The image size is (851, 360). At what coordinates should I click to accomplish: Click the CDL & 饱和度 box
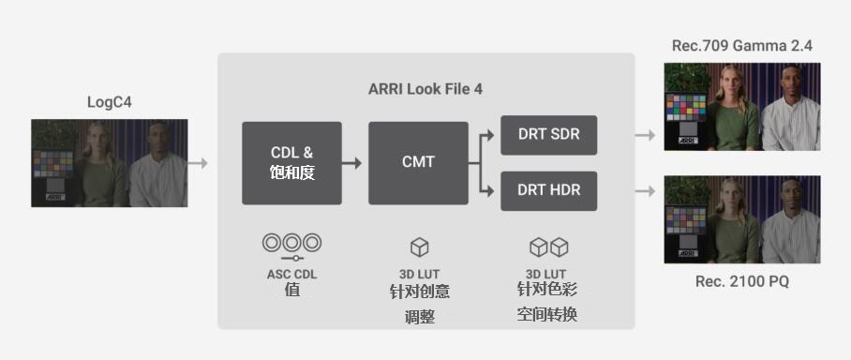point(292,163)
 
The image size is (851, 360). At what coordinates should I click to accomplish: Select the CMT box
point(418,163)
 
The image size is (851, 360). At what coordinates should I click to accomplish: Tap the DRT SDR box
point(548,135)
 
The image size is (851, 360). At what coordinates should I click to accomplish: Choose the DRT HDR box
point(548,190)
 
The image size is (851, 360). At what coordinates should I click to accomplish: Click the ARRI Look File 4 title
point(425,89)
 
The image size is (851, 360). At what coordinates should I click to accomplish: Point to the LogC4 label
point(109,102)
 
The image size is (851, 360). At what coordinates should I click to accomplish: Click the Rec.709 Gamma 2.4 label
point(742,46)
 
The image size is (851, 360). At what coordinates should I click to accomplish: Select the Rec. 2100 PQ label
point(742,282)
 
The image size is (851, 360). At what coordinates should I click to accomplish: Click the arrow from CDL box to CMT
point(351,163)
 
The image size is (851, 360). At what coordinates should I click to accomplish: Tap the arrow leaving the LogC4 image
point(198,163)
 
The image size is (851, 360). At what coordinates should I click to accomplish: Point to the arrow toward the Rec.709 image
point(646,135)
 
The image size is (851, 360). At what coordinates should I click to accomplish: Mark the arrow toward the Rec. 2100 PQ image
point(646,190)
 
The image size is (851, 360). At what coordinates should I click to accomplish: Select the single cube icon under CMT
point(419,247)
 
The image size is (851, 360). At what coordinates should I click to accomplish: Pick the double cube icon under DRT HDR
point(548,247)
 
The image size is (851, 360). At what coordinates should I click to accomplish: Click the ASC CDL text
point(292,274)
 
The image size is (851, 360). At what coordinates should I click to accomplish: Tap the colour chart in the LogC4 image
point(53,163)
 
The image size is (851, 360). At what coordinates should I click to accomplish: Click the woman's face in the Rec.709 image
point(729,82)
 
